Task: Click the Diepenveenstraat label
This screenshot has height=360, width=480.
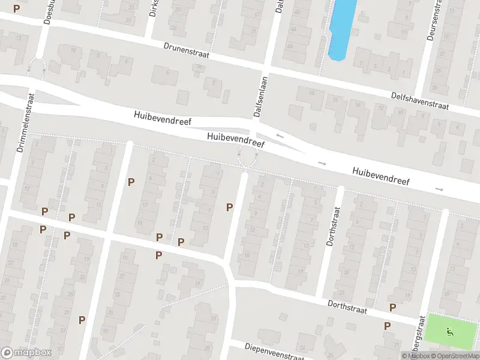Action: (x=275, y=349)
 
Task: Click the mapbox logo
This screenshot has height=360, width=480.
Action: (x=26, y=352)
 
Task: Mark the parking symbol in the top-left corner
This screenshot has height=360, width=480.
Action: (x=16, y=8)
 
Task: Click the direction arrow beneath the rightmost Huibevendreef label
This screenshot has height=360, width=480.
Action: (x=440, y=189)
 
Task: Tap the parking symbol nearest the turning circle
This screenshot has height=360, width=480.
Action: (x=229, y=207)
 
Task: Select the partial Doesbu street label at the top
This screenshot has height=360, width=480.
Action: (x=49, y=12)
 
